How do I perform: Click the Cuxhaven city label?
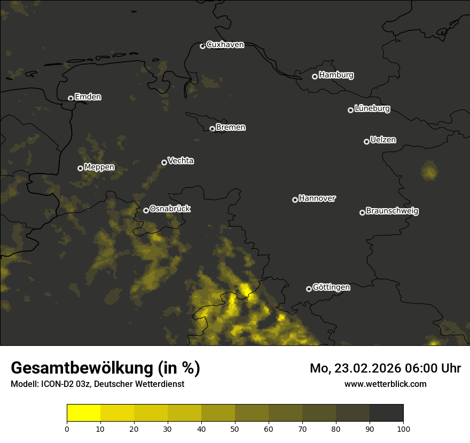tap(225, 45)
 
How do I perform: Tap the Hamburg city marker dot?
tap(315, 76)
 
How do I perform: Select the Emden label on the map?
tap(88, 97)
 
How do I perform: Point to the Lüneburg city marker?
tap(351, 110)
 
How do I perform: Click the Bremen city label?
tap(231, 128)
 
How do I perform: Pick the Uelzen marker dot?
tap(366, 141)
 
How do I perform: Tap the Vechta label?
tap(181, 161)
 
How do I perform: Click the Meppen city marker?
tap(81, 168)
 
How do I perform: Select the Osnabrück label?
tap(170, 209)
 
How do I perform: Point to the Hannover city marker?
tap(295, 200)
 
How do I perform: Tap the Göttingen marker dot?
tap(309, 289)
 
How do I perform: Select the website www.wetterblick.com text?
tap(386, 384)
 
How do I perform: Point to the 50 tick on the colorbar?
tap(235, 428)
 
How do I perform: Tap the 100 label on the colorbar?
tap(403, 428)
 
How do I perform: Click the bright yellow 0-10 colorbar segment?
tap(83, 413)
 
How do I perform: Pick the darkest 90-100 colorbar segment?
tap(386, 413)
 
